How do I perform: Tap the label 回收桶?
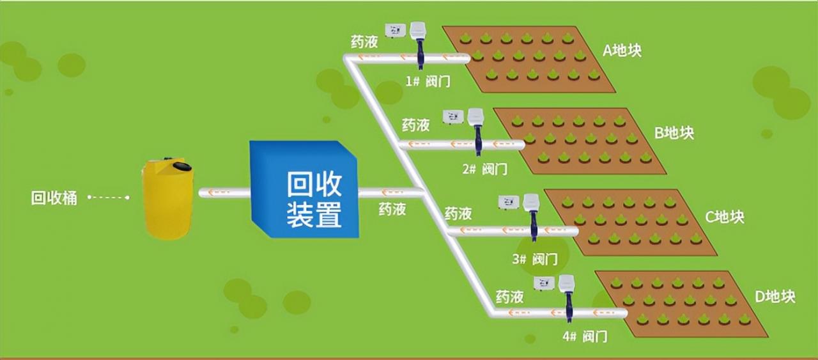54,198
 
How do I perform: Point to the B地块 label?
674,133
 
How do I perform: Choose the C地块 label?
725,217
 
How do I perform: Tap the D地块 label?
775,297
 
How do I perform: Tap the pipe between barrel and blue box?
224,192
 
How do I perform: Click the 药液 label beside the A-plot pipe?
364,42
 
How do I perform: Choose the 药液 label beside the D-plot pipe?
510,297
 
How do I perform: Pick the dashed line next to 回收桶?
109,198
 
